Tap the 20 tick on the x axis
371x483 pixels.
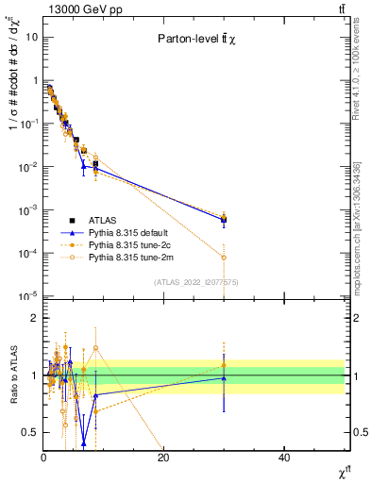(163, 457)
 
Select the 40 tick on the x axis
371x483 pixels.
(284, 457)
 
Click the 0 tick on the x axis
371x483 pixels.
(43, 457)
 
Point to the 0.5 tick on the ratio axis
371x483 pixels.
(29, 432)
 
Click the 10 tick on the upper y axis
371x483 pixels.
(30, 37)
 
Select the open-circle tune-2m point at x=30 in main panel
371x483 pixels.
(224, 257)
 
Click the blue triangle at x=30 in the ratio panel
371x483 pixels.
(224, 378)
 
